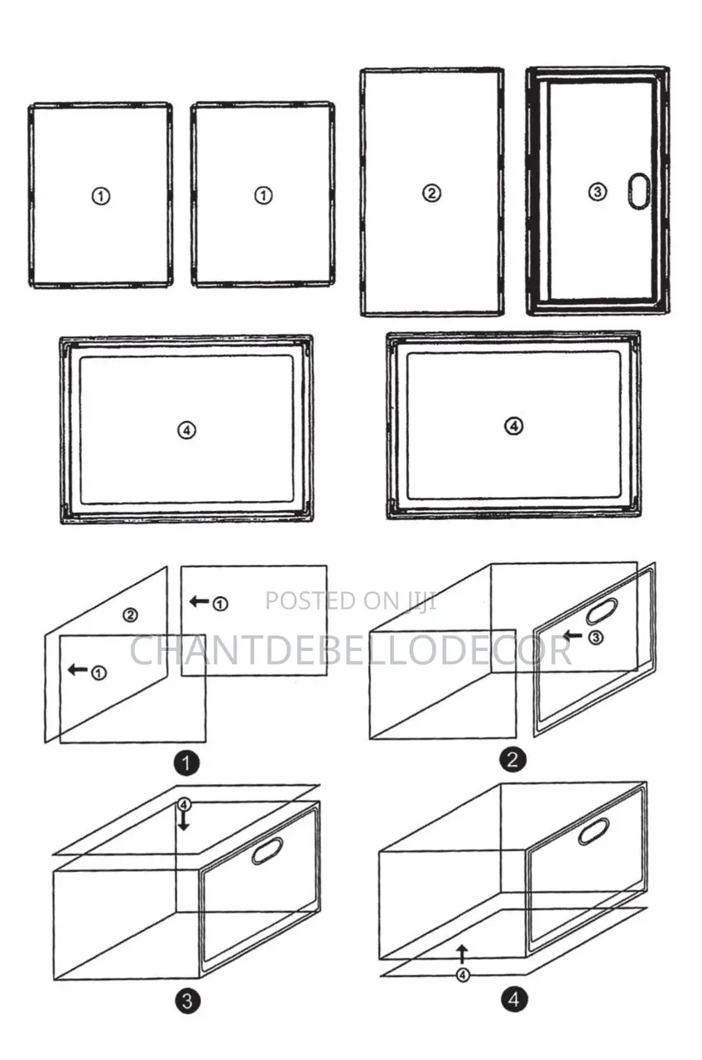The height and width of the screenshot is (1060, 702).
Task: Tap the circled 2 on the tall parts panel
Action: tap(431, 194)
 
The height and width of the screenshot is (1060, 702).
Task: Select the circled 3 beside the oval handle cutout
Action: tap(598, 192)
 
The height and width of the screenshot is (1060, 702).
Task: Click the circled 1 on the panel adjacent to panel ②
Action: tap(263, 195)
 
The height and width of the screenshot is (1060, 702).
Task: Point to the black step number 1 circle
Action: tap(186, 763)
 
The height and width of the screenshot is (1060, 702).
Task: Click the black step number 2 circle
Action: tap(512, 759)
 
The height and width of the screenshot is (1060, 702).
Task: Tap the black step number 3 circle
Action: tap(187, 1001)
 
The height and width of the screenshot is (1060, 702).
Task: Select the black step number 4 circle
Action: tap(514, 1000)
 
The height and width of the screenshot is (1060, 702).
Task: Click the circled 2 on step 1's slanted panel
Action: tap(130, 614)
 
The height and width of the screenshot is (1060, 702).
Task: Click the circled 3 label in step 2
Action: tap(595, 638)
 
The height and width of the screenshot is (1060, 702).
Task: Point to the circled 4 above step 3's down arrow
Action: tap(184, 804)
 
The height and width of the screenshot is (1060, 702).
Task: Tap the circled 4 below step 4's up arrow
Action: tap(463, 975)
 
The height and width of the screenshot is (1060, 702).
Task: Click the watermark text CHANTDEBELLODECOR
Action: tap(350, 651)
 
